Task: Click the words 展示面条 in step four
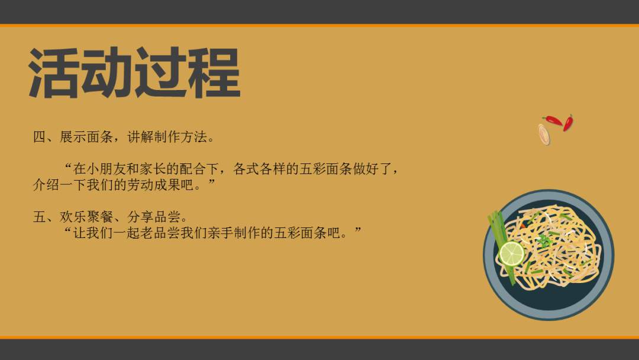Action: coord(86,138)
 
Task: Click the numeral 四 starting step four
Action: coord(39,138)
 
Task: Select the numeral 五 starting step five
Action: coord(39,217)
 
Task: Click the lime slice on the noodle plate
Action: coord(511,253)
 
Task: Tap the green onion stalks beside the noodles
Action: coord(498,231)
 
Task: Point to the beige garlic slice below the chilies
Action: coord(544,134)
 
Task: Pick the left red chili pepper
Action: coord(553,120)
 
